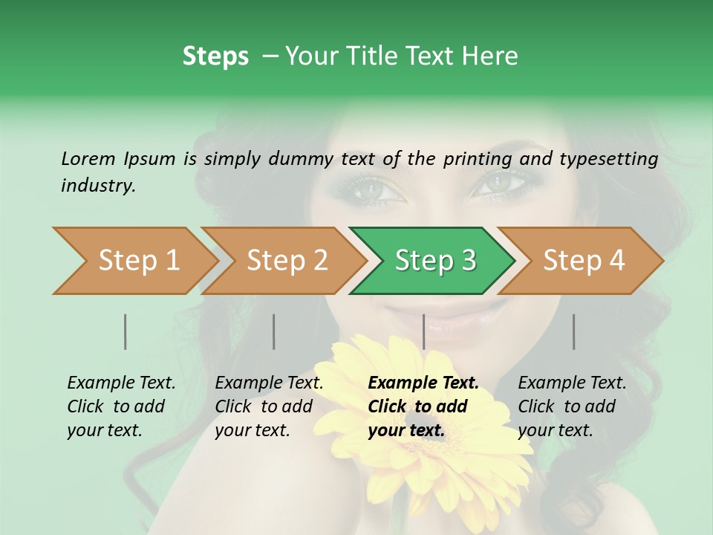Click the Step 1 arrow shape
click(x=134, y=261)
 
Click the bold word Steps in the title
click(x=215, y=56)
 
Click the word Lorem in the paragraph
click(x=88, y=158)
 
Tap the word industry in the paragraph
click(x=97, y=186)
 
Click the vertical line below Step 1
click(x=126, y=331)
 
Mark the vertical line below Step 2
click(x=274, y=331)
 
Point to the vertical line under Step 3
click(x=423, y=331)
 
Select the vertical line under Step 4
click(x=573, y=331)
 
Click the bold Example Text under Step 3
click(x=423, y=383)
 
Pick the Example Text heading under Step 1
click(x=121, y=383)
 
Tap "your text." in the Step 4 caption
click(x=555, y=430)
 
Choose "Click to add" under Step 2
click(x=264, y=406)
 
